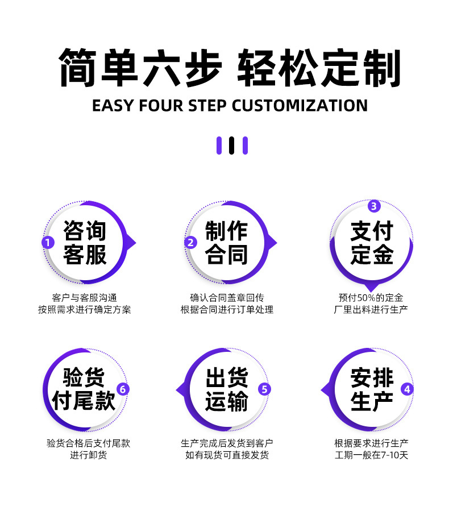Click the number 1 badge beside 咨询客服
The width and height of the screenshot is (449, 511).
48,243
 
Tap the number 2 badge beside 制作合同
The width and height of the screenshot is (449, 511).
190,243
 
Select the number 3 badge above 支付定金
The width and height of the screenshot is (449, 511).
373,206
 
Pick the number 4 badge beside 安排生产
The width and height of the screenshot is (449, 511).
407,389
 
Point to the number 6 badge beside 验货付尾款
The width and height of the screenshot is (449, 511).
123,389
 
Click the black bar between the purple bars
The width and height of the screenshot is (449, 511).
231,146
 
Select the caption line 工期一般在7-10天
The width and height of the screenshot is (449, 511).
372,455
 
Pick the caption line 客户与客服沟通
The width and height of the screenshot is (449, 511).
84,297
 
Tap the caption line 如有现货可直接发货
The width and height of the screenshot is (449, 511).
227,455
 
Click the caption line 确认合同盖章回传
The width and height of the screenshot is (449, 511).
227,297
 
